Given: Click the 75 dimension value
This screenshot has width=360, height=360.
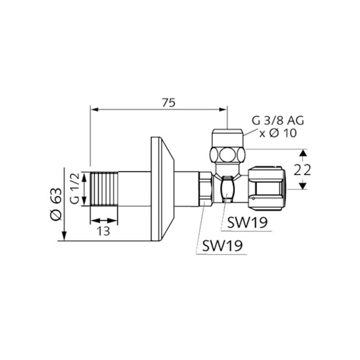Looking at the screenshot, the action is [169, 102].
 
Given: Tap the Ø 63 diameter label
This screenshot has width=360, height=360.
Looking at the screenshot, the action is [56, 204].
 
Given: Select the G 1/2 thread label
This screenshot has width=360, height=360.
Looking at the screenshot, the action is [75, 188].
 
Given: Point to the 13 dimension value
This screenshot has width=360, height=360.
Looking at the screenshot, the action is [103, 231].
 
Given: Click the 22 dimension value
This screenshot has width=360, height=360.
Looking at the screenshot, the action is [302, 170].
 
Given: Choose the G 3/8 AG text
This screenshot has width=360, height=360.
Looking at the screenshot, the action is [277, 120].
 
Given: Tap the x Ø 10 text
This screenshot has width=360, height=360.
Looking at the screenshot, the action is [277, 133].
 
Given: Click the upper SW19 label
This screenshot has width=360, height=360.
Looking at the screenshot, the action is [248, 222].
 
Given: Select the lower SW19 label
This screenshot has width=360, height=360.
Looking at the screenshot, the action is [222, 246].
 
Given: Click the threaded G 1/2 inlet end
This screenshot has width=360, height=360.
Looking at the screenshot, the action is [104, 189].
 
